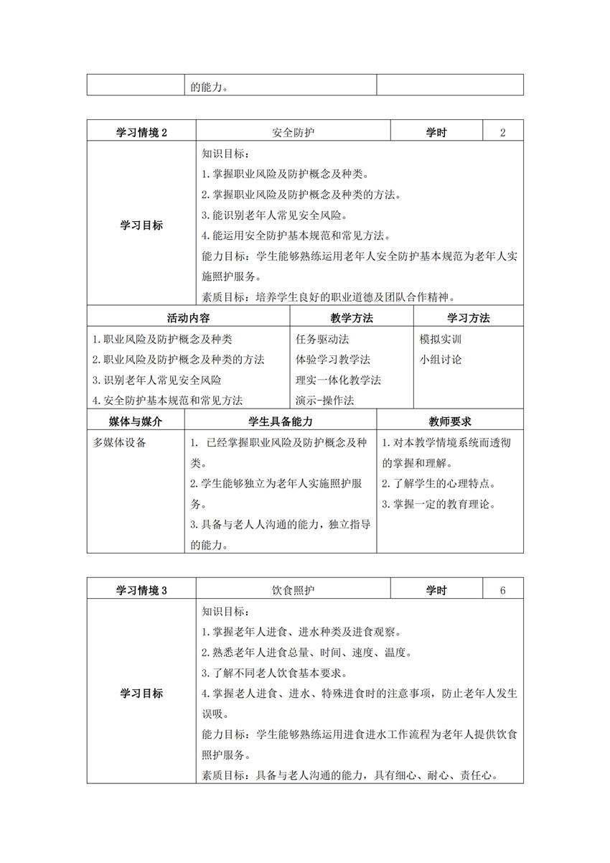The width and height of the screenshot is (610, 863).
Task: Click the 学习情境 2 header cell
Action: pyautogui.click(x=141, y=132)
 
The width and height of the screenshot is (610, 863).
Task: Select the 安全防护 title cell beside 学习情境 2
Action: pyautogui.click(x=294, y=132)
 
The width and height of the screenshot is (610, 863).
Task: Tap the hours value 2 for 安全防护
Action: pyautogui.click(x=503, y=132)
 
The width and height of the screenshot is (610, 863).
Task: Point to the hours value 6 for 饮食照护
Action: pyautogui.click(x=503, y=590)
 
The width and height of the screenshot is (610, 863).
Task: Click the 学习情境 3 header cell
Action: pyautogui.click(x=141, y=590)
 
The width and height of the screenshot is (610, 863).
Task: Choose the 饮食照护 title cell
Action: pyautogui.click(x=294, y=590)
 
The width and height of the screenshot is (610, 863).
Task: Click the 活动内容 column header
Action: pyautogui.click(x=188, y=318)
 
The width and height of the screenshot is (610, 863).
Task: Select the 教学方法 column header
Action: pyautogui.click(x=352, y=318)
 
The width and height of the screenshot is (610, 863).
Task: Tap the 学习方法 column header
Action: pyautogui.click(x=469, y=318)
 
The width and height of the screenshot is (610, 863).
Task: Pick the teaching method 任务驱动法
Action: pyautogui.click(x=322, y=339)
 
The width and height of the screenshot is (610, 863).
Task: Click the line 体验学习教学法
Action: pyautogui.click(x=333, y=359)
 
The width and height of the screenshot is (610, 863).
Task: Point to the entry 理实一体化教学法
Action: pyautogui.click(x=338, y=380)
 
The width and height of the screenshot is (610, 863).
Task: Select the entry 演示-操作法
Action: pyautogui.click(x=325, y=400)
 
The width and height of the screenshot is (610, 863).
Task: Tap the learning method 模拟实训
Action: pyautogui.click(x=441, y=339)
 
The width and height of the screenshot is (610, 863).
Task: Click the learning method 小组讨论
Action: pyautogui.click(x=441, y=359)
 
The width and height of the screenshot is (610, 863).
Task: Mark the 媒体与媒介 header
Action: pyautogui.click(x=136, y=421)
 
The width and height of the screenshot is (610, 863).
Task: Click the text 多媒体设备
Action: pyautogui.click(x=119, y=442)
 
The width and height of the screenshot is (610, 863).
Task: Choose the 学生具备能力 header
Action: pyautogui.click(x=281, y=421)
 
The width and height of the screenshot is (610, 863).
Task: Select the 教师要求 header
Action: pyautogui.click(x=450, y=421)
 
